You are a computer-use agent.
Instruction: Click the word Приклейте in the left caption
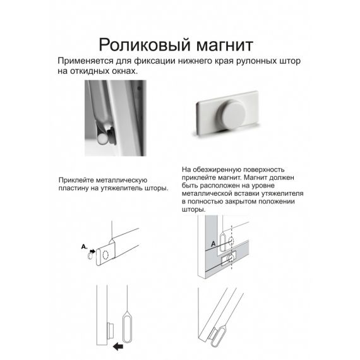[x=78, y=179]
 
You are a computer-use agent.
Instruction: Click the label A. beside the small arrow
[x=84, y=246]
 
